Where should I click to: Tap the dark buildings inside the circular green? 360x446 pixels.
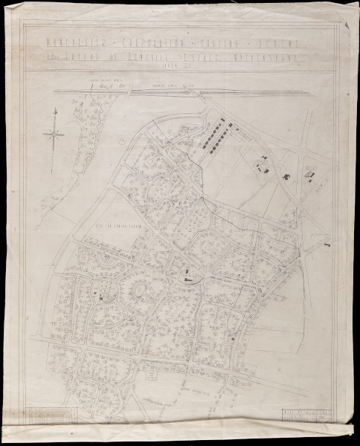click(100, 295)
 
